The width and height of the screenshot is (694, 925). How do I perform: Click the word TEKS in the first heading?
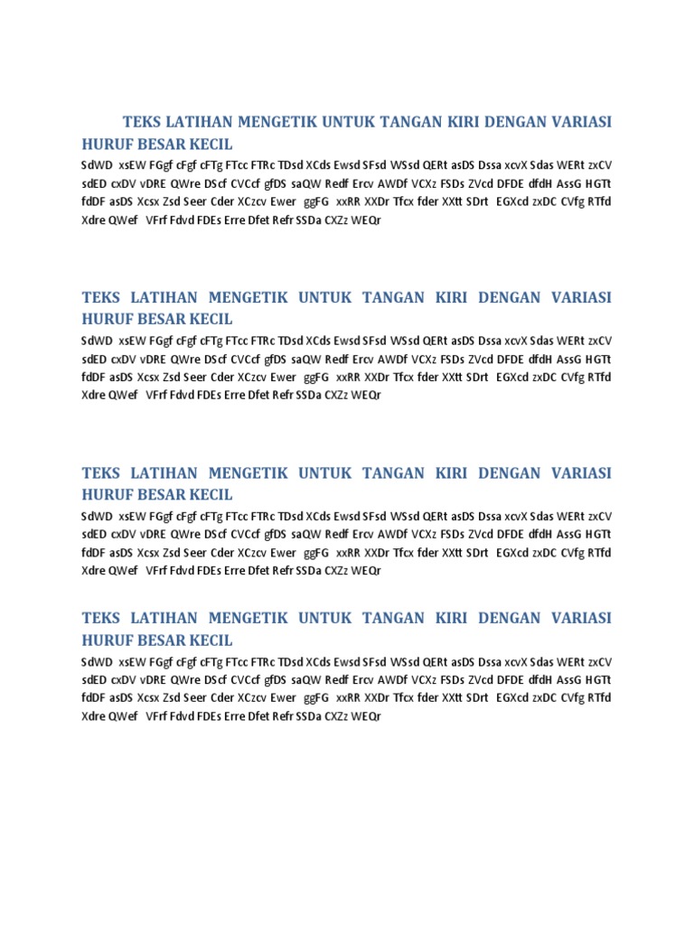click(142, 122)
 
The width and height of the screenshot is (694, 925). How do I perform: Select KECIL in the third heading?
click(211, 495)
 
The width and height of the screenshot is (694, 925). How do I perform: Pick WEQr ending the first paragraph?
click(366, 219)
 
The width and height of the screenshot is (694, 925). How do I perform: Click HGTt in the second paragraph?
click(598, 359)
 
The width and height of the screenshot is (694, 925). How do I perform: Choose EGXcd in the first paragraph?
click(512, 201)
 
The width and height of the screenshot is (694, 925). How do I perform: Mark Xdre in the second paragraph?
click(94, 395)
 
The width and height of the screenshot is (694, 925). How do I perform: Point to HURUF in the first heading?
click(107, 144)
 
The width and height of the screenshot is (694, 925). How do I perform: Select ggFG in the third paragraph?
click(316, 553)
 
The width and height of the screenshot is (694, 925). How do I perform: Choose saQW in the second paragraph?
click(305, 359)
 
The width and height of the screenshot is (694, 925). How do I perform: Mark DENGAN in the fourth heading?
click(512, 619)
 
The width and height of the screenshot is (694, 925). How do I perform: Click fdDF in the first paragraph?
click(93, 201)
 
